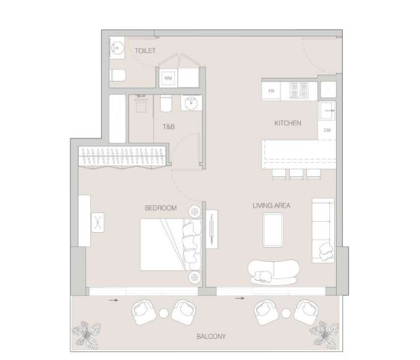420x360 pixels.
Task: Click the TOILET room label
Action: pyautogui.click(x=145, y=51)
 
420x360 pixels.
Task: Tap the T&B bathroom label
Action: pyautogui.click(x=169, y=127)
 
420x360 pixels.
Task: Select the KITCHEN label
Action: pyautogui.click(x=288, y=123)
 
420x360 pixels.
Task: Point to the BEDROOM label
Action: pyautogui.click(x=161, y=208)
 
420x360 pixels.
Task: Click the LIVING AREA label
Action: pyautogui.click(x=272, y=206)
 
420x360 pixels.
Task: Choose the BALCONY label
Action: pyautogui.click(x=211, y=337)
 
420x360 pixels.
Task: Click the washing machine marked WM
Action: pyautogui.click(x=168, y=78)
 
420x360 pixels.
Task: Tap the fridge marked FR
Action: pyautogui.click(x=271, y=91)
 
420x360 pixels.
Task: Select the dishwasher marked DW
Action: pyautogui.click(x=327, y=130)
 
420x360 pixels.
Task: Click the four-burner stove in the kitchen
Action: pyautogui.click(x=299, y=90)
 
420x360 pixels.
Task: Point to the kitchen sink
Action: pyautogui.click(x=327, y=111)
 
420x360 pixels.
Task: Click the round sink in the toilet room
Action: pyautogui.click(x=117, y=48)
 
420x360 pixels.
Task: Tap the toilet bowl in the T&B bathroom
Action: pyautogui.click(x=166, y=103)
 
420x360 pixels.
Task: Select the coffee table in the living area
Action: pyautogui.click(x=273, y=230)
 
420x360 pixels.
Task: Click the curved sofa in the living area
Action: pyautogui.click(x=274, y=272)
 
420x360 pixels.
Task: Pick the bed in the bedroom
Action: pyautogui.click(x=170, y=245)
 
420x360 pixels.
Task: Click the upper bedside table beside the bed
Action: pyautogui.click(x=195, y=212)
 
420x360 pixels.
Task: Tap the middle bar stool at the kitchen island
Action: pyautogui.click(x=296, y=174)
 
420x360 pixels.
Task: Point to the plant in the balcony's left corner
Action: pyautogui.click(x=86, y=333)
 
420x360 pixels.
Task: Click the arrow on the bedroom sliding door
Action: pyautogui.click(x=114, y=300)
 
